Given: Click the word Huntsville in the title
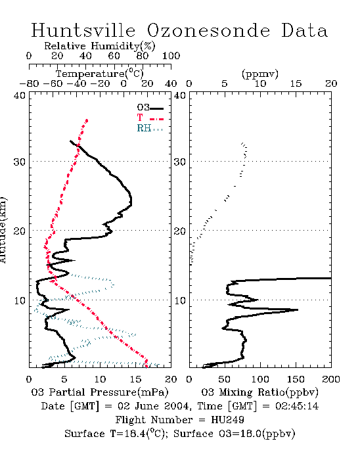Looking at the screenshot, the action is point(83,30).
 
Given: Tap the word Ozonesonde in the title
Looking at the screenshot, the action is point(208,30).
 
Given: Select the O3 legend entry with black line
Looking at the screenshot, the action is point(150,108).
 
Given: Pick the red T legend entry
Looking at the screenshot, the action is point(150,118).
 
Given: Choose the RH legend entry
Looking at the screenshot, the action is point(150,128).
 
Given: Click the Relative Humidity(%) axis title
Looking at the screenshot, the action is point(100,46).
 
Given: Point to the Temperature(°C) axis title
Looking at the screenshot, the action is point(100,74).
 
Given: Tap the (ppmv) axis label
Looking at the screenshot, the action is point(260,74).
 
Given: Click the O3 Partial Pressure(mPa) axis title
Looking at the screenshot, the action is point(100,392).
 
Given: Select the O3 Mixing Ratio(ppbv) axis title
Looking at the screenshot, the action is point(259,392).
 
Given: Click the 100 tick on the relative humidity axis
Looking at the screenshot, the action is point(171,56).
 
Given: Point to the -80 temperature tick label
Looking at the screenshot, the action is point(29,83).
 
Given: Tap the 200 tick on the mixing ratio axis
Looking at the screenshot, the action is point(331,379).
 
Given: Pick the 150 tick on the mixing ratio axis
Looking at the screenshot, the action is point(296,379).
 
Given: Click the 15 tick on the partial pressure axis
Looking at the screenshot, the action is point(135,379).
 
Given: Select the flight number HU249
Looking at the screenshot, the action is point(227,420).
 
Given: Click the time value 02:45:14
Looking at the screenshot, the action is point(297,406).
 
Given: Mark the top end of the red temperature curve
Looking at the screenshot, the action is point(87,120).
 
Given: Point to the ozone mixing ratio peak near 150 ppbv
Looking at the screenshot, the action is point(298,310).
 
